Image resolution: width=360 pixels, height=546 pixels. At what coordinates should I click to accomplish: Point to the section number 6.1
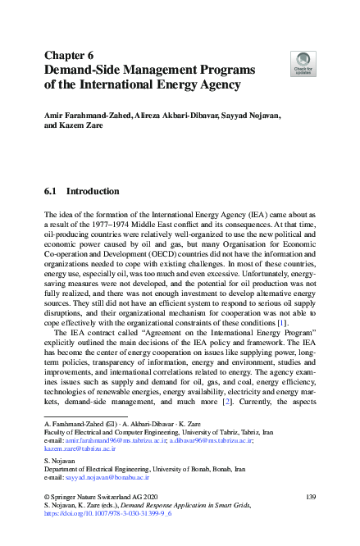coord(50,191)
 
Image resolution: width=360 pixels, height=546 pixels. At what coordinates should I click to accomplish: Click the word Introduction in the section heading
coord(93,191)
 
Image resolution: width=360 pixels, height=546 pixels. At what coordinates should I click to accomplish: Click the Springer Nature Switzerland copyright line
coord(101,498)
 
